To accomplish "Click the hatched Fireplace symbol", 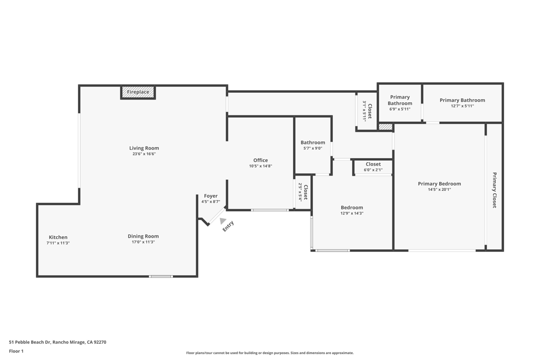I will (x=138, y=92).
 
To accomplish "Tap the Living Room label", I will (x=144, y=148).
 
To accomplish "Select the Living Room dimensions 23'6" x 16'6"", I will (x=144, y=154).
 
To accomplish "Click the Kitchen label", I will (x=58, y=237).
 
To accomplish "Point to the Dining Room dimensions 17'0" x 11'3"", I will (x=143, y=242).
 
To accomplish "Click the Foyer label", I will (x=210, y=196).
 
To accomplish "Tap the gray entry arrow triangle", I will (x=223, y=221).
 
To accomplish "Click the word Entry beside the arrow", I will (x=228, y=226).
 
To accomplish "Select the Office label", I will (x=261, y=160).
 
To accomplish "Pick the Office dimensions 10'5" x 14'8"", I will (x=261, y=166).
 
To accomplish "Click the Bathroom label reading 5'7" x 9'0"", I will (x=313, y=145).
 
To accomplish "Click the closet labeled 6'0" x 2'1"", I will (x=373, y=167).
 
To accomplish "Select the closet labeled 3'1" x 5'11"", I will (x=367, y=111).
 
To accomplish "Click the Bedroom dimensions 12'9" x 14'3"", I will (x=352, y=213).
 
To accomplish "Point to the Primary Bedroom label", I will (x=439, y=184).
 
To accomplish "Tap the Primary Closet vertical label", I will (x=495, y=190).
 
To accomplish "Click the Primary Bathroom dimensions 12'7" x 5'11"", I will (x=462, y=106).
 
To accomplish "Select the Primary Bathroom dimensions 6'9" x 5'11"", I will (x=400, y=109).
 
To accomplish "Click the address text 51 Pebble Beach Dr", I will (x=30, y=342).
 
